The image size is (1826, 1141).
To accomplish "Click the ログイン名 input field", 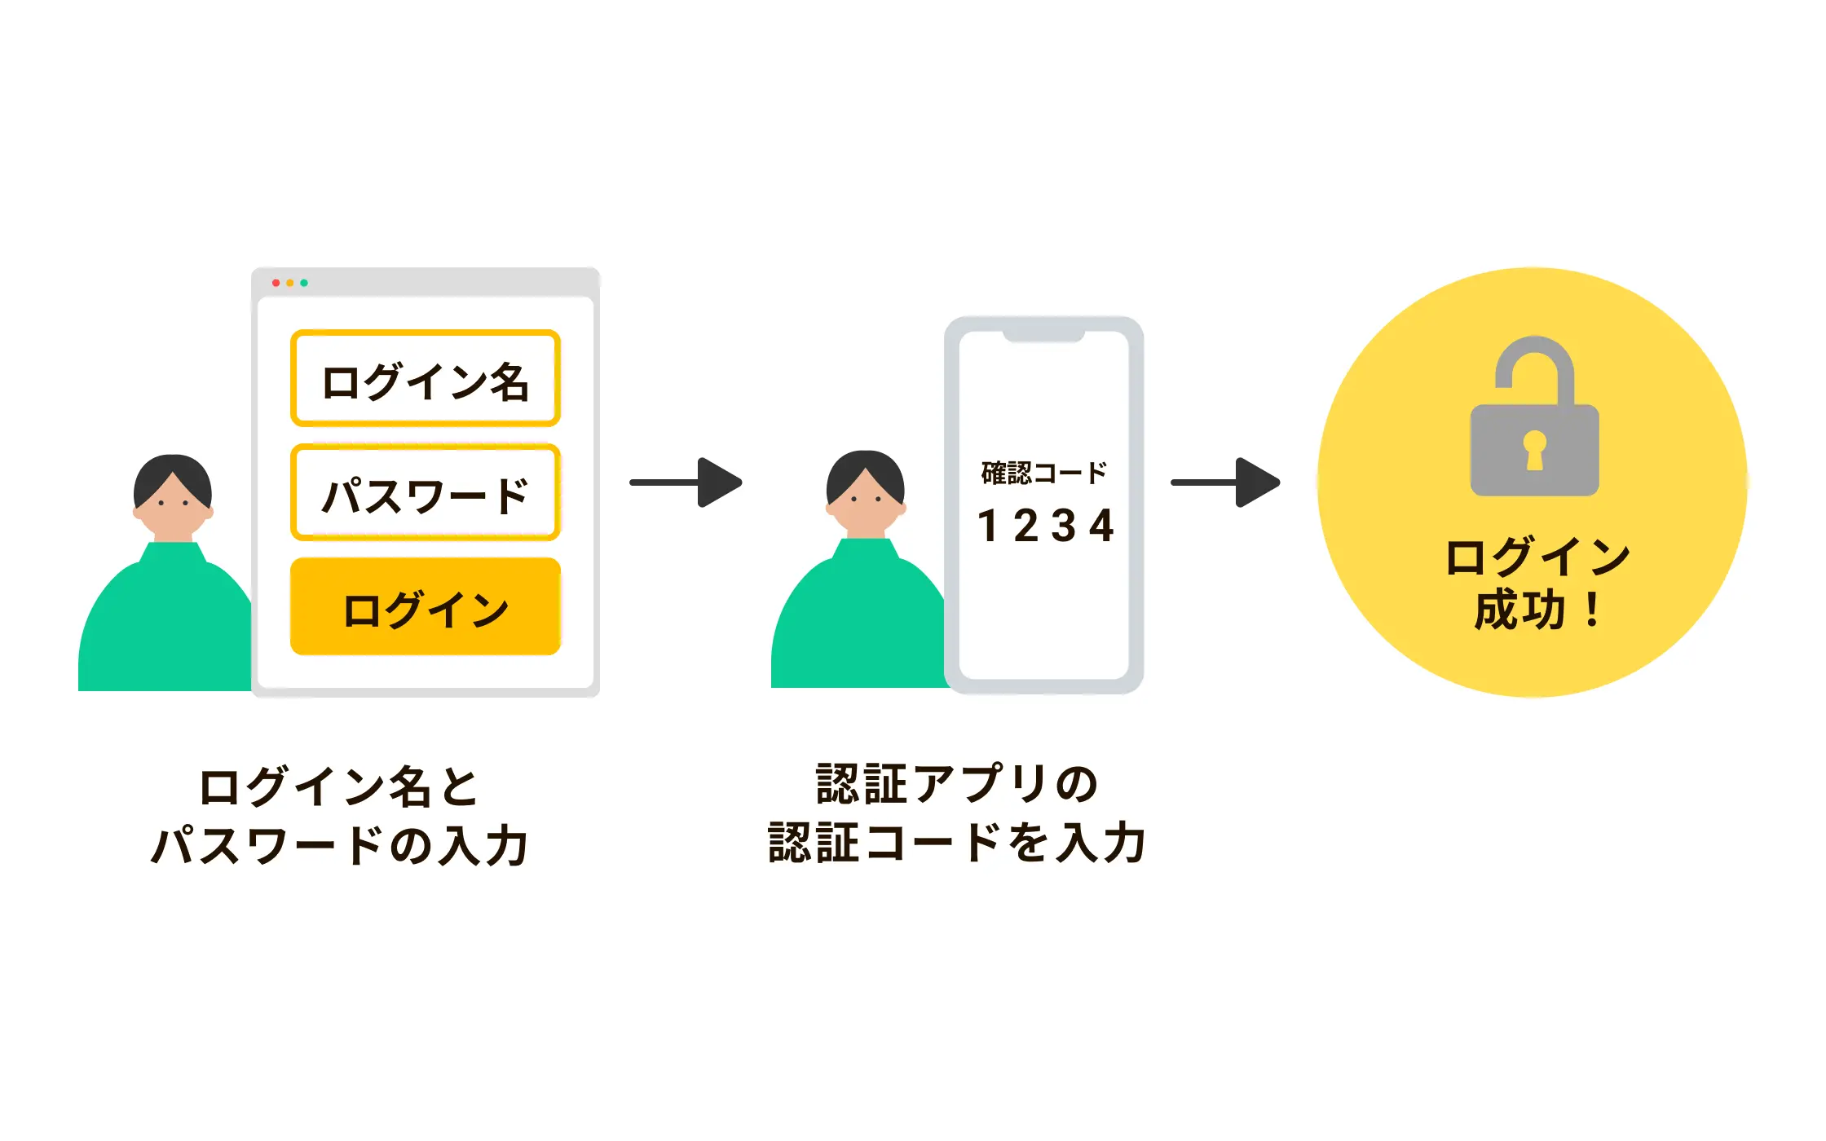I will point(425,379).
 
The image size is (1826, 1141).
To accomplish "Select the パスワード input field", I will point(425,493).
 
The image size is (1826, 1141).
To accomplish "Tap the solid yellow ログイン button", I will point(425,607).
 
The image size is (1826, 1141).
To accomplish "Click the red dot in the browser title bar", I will point(276,283).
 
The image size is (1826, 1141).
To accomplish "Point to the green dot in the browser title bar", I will point(304,283).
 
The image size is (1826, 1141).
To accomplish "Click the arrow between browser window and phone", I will point(686,482).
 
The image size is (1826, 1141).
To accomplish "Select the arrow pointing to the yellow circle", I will point(1225,482).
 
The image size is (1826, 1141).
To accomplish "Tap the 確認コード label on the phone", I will point(1043,473).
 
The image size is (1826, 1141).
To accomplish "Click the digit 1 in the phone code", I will point(988,526).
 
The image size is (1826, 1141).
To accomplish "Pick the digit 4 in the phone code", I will point(1101,526).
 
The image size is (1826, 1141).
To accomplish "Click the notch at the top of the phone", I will point(1043,335).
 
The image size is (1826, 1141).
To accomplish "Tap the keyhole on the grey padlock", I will point(1534,449).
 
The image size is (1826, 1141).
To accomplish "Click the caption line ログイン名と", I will point(339,786).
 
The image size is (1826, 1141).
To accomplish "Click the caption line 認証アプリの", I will point(957,784).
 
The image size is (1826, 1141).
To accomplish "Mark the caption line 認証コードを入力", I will point(957,843).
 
